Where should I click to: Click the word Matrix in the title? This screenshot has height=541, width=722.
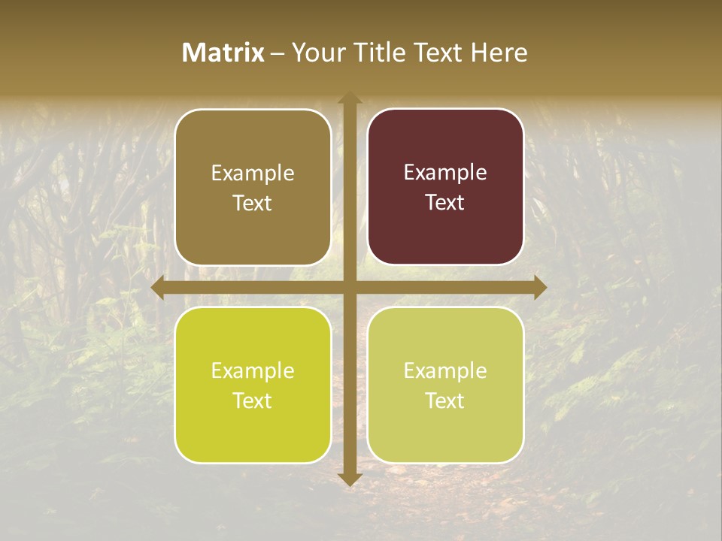pos(223,53)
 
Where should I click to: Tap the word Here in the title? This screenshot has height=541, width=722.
pos(499,53)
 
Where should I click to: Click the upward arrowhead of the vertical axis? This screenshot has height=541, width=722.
pos(349,98)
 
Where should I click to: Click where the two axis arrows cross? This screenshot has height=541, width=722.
pos(349,287)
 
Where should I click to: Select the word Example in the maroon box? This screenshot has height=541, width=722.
pos(445,173)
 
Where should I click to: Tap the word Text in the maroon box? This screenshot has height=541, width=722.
pos(445,203)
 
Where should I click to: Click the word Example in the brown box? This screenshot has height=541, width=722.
pos(253,174)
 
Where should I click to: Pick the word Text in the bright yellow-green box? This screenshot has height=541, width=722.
pos(253,400)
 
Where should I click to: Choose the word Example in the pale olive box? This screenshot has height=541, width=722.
pos(445,370)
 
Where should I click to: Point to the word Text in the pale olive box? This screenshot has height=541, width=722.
pos(445,400)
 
